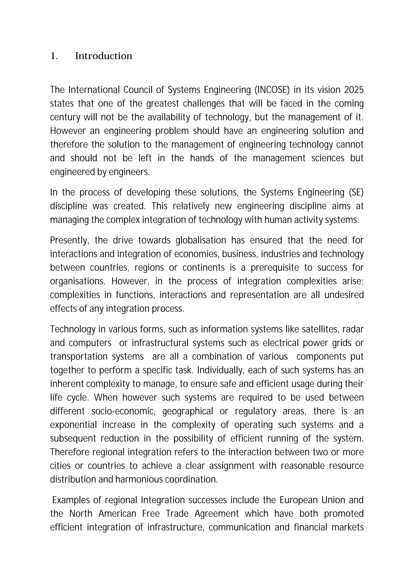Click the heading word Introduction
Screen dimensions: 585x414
pyautogui.click(x=103, y=56)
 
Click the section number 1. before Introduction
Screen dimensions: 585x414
pyautogui.click(x=54, y=56)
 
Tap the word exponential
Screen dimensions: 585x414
pyautogui.click(x=73, y=425)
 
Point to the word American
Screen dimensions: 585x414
pyautogui.click(x=117, y=513)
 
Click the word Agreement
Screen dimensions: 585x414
pyautogui.click(x=217, y=513)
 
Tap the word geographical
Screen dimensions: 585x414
pyautogui.click(x=188, y=411)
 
